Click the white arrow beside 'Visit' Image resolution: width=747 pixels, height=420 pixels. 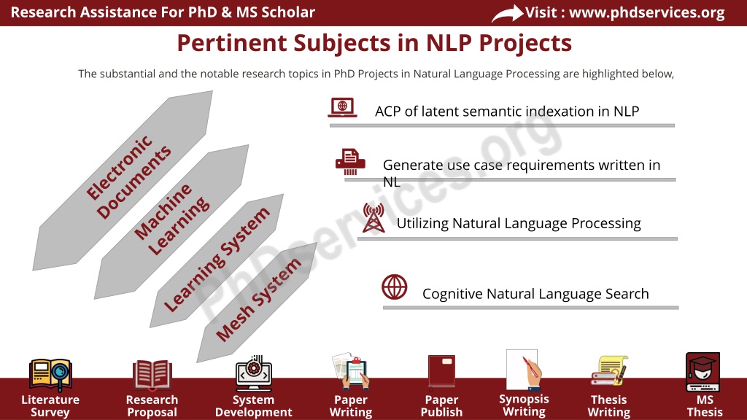[507, 13]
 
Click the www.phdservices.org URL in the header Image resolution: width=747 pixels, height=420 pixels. [647, 12]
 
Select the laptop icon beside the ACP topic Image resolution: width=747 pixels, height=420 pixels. [343, 107]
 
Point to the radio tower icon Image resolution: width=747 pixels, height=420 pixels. [373, 217]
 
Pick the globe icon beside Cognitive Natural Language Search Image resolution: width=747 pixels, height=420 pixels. [395, 287]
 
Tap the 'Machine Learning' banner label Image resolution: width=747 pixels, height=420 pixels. [171, 219]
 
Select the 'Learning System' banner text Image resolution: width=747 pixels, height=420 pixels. [217, 260]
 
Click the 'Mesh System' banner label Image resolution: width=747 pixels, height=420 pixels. [259, 299]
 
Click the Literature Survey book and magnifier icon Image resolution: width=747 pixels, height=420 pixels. [50, 375]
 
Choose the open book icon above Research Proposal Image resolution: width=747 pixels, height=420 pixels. [152, 374]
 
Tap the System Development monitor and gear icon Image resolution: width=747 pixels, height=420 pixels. [253, 373]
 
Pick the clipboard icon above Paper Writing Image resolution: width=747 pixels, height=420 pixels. [351, 371]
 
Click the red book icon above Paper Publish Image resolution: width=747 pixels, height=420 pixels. [441, 371]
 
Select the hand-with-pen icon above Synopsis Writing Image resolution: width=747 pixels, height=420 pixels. [524, 370]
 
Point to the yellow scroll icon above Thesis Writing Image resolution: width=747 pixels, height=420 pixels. [609, 371]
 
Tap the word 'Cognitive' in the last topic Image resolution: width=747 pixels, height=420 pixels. [452, 294]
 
